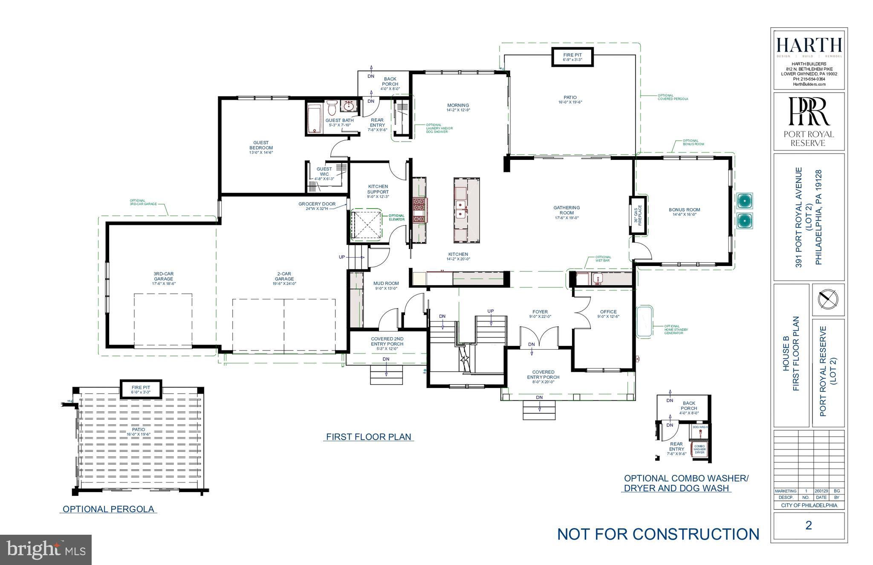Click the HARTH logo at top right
809,45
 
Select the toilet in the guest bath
332,108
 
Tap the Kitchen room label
458,255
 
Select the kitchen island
466,210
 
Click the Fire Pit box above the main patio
572,57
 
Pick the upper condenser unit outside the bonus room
744,200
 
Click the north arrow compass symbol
828,299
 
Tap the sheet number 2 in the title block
809,525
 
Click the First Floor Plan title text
368,437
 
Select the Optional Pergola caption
108,509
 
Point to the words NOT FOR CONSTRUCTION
658,534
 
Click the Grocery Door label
317,204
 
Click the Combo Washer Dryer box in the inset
699,449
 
